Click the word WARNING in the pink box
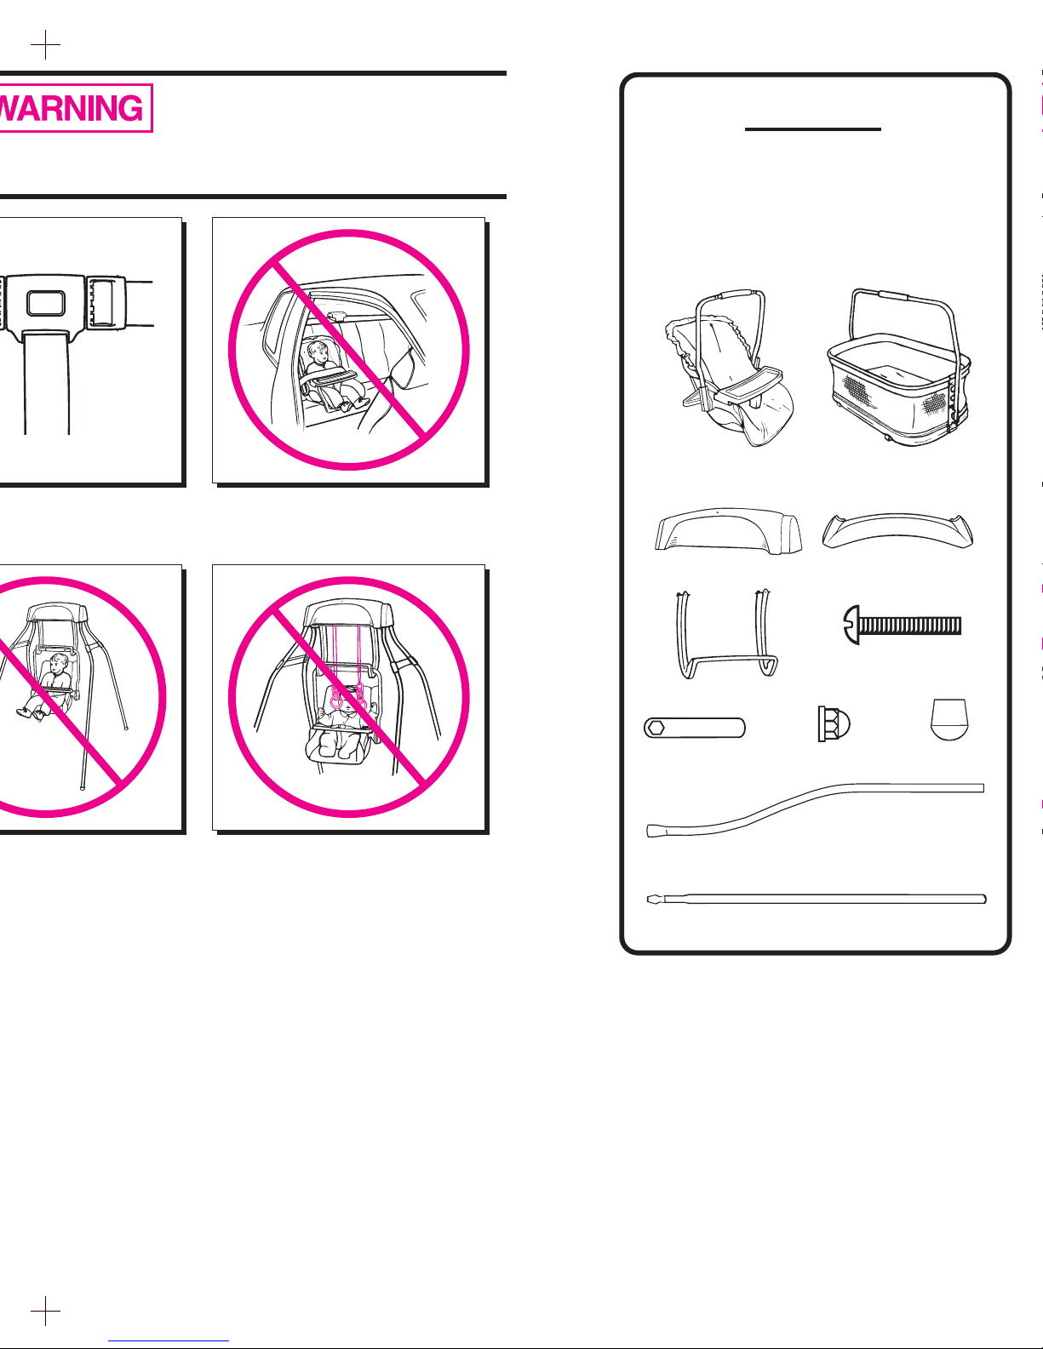click(72, 109)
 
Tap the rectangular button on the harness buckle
click(46, 303)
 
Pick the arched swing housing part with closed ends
click(728, 531)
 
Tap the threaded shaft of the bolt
click(909, 625)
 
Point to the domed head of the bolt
click(851, 625)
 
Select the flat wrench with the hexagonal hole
click(694, 728)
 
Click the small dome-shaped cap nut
click(834, 723)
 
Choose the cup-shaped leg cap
click(949, 719)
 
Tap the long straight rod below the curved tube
click(817, 899)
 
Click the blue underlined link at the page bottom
click(169, 1340)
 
